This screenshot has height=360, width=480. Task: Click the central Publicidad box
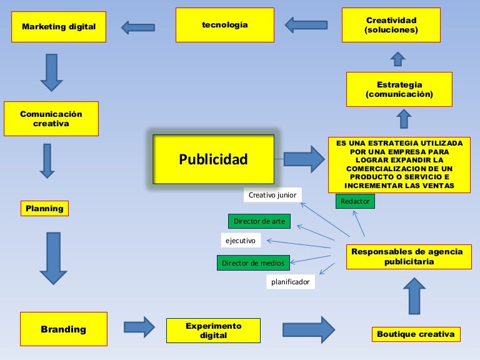coord(213,159)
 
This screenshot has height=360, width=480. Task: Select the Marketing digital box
coord(59,27)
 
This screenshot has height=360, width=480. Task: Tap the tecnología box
coord(225,25)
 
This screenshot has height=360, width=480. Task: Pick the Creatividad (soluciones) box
coord(391,25)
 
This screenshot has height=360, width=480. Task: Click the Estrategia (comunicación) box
coord(399,89)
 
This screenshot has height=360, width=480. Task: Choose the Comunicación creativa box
coord(51,119)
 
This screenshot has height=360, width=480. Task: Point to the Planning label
coord(44,208)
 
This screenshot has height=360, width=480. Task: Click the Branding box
coord(63,329)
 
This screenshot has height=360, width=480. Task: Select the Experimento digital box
coord(213,331)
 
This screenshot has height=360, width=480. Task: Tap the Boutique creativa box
coord(416,334)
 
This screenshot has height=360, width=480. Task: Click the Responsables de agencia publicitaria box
coord(407,256)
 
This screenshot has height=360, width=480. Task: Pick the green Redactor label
coord(355,201)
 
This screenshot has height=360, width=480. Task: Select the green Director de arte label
coord(259,221)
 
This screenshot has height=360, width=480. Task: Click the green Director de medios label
coord(253,263)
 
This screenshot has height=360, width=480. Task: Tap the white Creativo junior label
coord(272,195)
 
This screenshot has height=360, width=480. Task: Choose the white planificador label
coord(290,282)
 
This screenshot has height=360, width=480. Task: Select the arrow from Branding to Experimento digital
coord(139,327)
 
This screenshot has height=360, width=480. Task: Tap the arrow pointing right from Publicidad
coord(304,159)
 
